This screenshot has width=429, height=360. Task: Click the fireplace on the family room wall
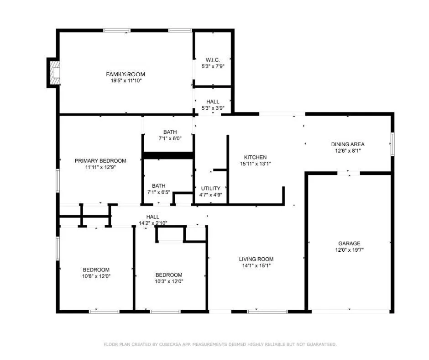(55, 73)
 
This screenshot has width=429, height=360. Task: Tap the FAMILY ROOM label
(126, 74)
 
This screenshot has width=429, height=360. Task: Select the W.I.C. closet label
(213, 60)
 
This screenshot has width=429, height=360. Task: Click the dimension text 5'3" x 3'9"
(213, 108)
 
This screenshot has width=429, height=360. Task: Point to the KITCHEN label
(255, 157)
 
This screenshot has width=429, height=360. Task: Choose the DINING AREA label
(348, 144)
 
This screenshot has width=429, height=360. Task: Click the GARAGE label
(350, 244)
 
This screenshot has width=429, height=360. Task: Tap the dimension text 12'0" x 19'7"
(350, 250)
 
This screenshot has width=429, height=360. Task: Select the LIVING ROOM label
(256, 259)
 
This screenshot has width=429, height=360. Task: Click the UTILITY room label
(211, 188)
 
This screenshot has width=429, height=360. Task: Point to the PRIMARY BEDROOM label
(100, 161)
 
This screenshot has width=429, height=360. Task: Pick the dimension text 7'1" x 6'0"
(170, 138)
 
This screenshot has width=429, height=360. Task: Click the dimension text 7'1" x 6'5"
(159, 192)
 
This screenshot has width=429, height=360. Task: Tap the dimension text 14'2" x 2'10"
(153, 223)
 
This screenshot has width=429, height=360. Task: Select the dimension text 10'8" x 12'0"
(96, 276)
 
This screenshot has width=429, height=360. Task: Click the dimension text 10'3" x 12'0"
(169, 281)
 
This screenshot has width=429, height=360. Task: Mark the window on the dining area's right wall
(392, 144)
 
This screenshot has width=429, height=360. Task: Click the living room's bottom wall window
(267, 312)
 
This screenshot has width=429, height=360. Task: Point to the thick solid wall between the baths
(168, 155)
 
